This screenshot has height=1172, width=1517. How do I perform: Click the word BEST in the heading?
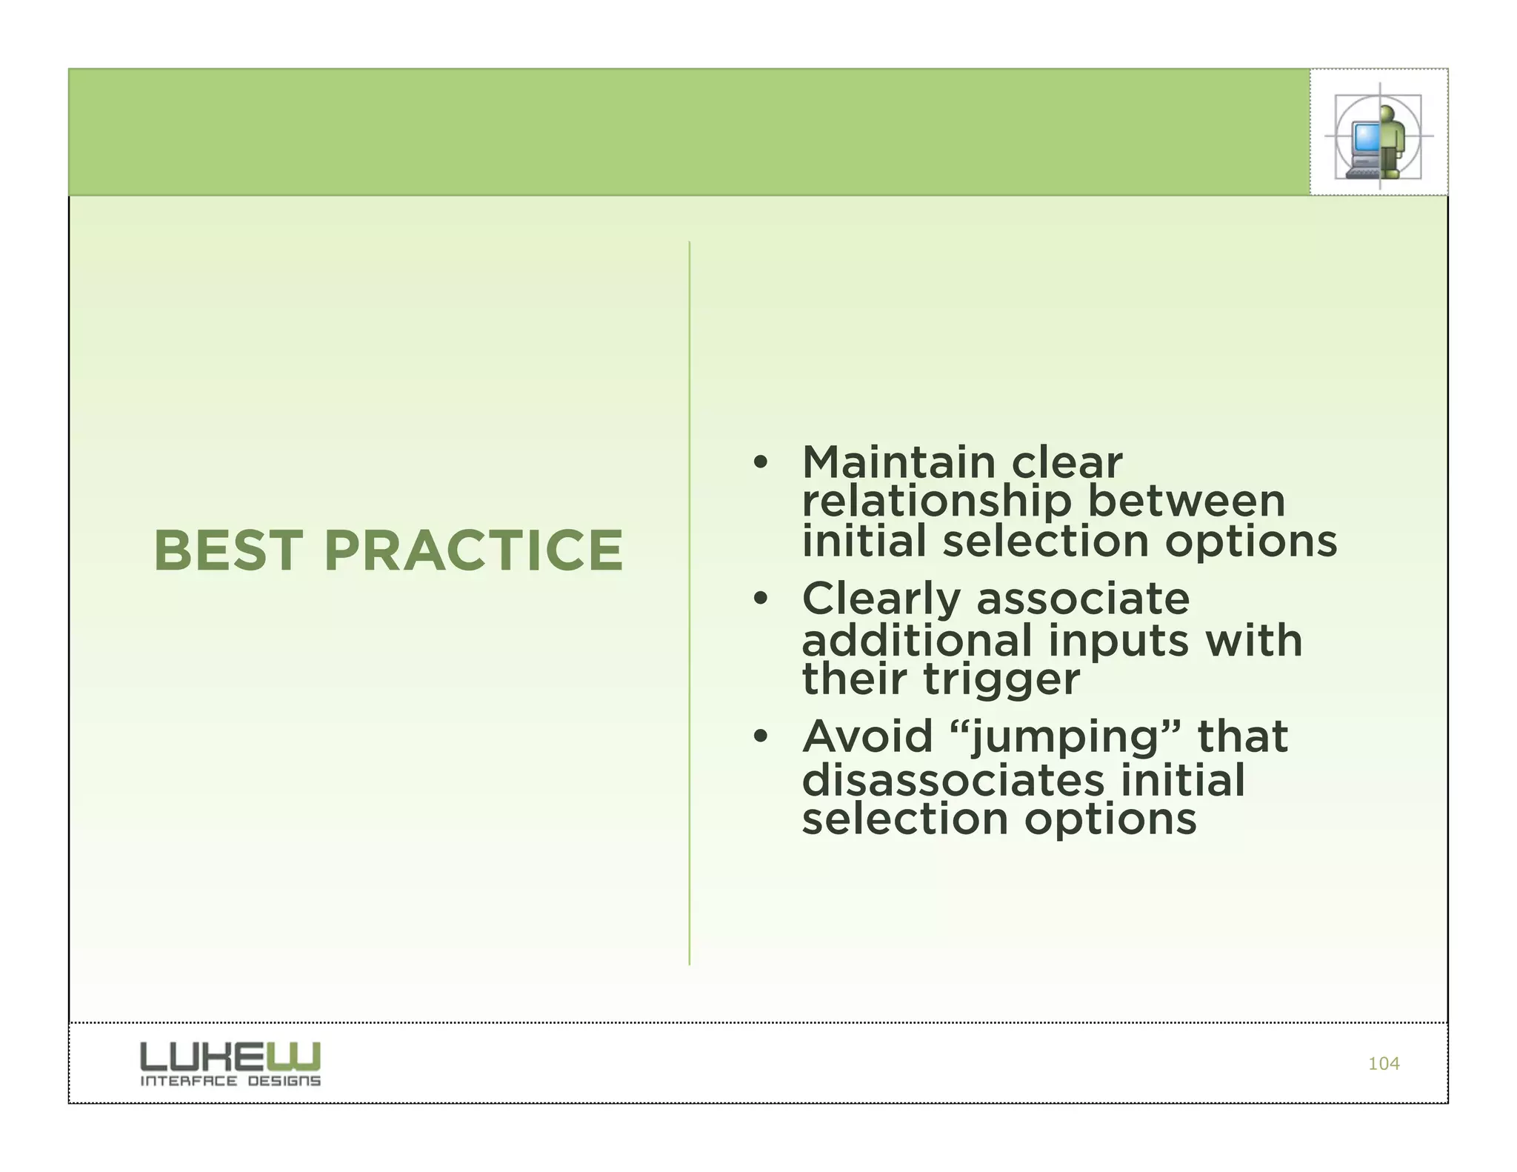(227, 551)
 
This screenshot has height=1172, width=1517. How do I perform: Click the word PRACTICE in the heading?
(473, 551)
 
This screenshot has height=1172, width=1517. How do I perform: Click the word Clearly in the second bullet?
(881, 600)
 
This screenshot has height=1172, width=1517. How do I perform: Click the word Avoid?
(867, 737)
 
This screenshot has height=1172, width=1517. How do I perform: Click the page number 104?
(1383, 1064)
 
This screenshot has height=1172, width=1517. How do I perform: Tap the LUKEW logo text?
(230, 1056)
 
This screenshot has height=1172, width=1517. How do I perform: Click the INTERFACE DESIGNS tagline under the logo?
(230, 1081)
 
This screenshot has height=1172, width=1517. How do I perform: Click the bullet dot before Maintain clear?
(759, 464)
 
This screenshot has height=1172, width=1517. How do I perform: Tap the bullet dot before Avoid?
(759, 737)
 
